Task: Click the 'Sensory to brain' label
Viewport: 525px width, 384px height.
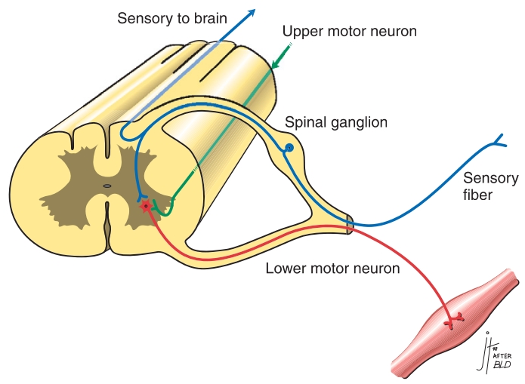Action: click(x=171, y=17)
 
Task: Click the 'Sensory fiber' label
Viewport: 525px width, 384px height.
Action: click(x=490, y=186)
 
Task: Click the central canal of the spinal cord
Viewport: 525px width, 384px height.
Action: click(x=107, y=185)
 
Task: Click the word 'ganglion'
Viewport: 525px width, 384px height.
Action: click(x=351, y=123)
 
